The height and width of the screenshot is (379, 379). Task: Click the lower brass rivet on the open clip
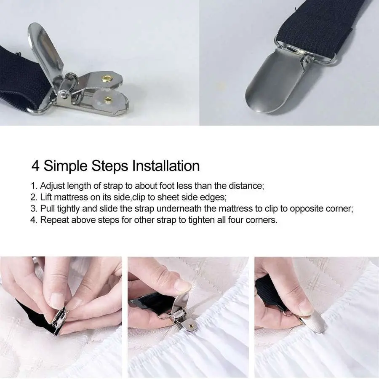[108, 99]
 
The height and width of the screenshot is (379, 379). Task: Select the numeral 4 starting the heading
[35, 166]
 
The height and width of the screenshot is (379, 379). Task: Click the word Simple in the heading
[65, 167]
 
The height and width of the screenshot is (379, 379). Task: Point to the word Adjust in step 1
[53, 186]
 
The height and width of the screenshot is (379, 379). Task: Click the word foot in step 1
[167, 186]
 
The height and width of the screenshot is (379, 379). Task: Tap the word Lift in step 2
[46, 197]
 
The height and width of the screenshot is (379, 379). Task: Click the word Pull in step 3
[47, 208]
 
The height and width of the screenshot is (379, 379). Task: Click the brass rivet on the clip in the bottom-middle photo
[191, 326]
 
